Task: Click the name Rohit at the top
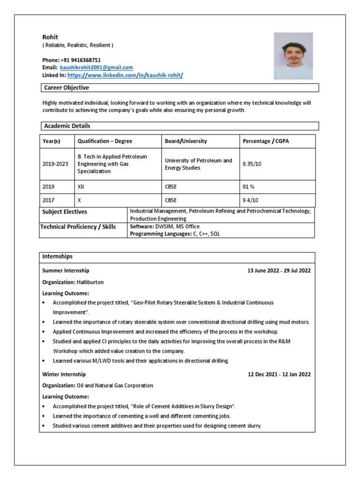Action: coord(50,37)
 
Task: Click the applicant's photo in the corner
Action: coord(293,55)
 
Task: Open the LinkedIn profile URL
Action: coord(125,75)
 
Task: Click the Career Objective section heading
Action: coord(66,88)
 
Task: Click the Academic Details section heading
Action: coord(67,126)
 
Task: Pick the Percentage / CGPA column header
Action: coord(266,141)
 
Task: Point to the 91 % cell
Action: coord(248,186)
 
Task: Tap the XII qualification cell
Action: coord(82,186)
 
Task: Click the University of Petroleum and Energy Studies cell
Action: coord(198,164)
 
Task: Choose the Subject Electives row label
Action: coord(65,212)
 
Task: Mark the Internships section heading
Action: coord(57,256)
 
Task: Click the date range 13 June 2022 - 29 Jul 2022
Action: coord(278,270)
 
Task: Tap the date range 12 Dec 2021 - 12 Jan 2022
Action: coord(279,375)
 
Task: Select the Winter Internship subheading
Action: coord(64,375)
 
